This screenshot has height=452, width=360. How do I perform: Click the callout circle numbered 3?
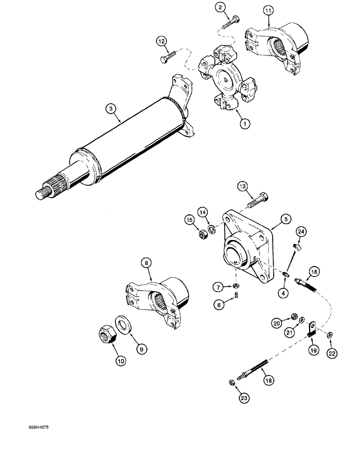(109, 108)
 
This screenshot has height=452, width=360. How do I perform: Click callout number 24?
(301, 232)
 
